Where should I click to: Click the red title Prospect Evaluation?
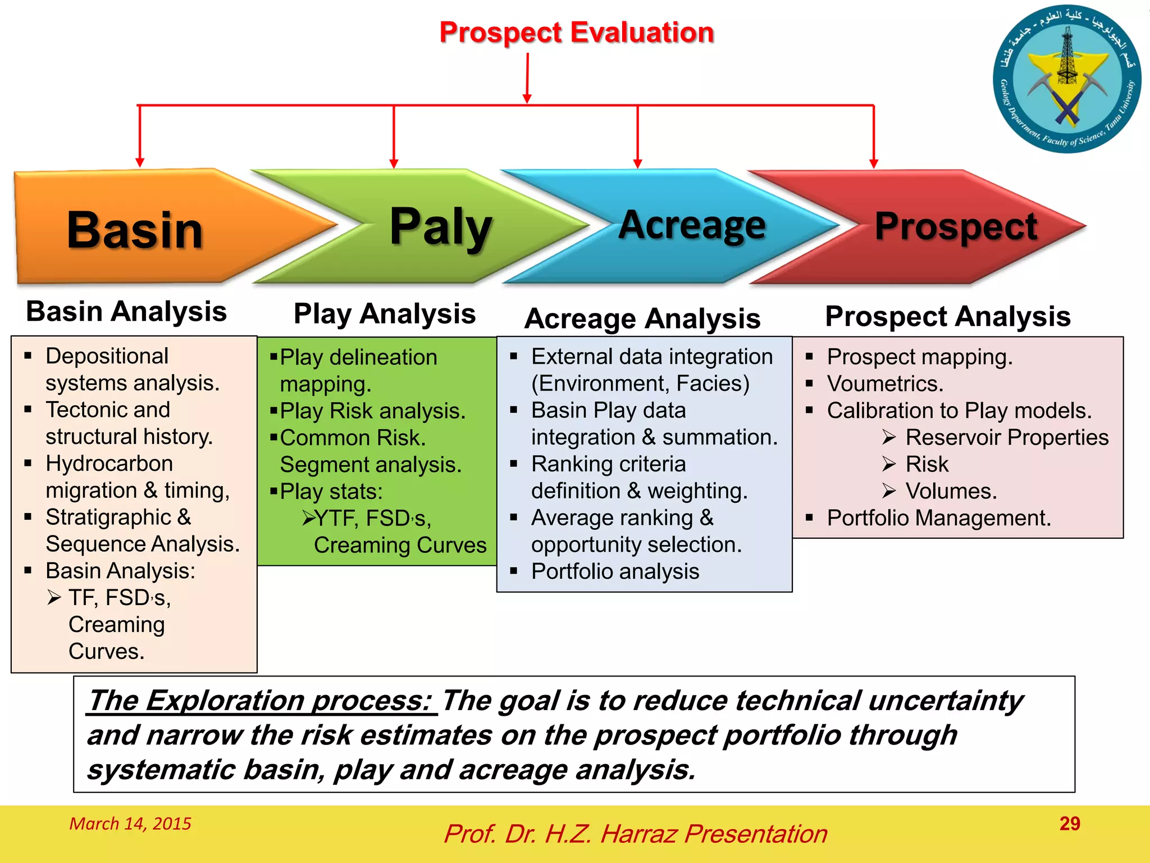pyautogui.click(x=576, y=33)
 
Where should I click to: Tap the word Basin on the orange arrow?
pyautogui.click(x=135, y=230)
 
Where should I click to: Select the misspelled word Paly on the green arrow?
pyautogui.click(x=441, y=226)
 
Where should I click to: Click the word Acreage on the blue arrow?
pyautogui.click(x=692, y=225)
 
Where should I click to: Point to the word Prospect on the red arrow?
pyautogui.click(x=956, y=226)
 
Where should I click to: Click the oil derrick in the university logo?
pyautogui.click(x=1067, y=56)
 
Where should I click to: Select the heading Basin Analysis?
pyautogui.click(x=126, y=311)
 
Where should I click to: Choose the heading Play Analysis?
pyautogui.click(x=385, y=314)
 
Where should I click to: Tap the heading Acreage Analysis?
pyautogui.click(x=642, y=319)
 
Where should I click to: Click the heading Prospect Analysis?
pyautogui.click(x=948, y=316)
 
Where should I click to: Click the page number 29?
pyautogui.click(x=1069, y=824)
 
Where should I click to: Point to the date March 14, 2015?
pyautogui.click(x=130, y=824)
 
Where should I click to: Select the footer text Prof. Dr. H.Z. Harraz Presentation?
pyautogui.click(x=635, y=834)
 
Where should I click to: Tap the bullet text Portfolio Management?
pyautogui.click(x=938, y=518)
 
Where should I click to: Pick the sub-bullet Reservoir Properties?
pyautogui.click(x=1006, y=437)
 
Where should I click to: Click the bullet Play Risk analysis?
pyautogui.click(x=372, y=411)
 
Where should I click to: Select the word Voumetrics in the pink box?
pyautogui.click(x=885, y=384)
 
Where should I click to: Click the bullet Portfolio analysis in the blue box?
pyautogui.click(x=615, y=571)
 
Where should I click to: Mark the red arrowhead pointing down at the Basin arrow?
pyautogui.click(x=140, y=162)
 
